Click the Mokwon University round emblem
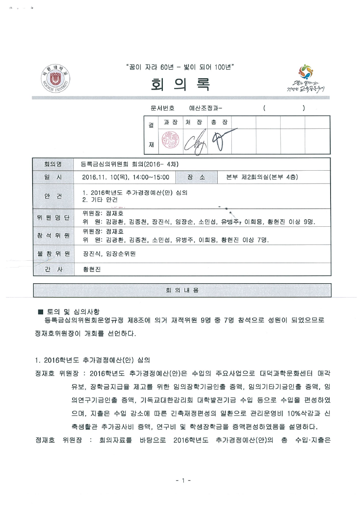pyautogui.click(x=55, y=78)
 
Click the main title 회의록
pyautogui.click(x=180, y=84)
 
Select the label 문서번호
pyautogui.click(x=162, y=108)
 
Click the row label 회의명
pyautogui.click(x=53, y=164)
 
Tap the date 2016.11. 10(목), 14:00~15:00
pyautogui.click(x=125, y=177)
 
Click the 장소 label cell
pyautogui.click(x=196, y=177)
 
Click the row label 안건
pyautogui.click(x=53, y=196)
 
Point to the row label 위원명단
pyautogui.click(x=53, y=218)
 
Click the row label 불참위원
pyautogui.click(x=53, y=254)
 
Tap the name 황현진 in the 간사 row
pyautogui.click(x=92, y=269)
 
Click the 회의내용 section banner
pyautogui.click(x=182, y=290)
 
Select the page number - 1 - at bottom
pyautogui.click(x=183, y=481)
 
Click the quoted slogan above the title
pyautogui.click(x=180, y=67)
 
